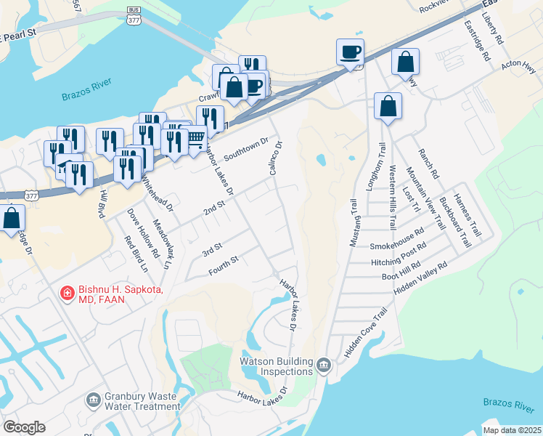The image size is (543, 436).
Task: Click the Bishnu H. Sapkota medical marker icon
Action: tap(67, 294)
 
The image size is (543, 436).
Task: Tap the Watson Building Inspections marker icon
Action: tap(324, 363)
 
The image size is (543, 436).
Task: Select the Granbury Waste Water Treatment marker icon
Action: tap(93, 400)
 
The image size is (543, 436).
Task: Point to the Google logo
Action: tap(24, 427)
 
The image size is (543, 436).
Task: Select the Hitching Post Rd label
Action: tap(396, 258)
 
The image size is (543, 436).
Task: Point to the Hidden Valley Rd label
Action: tap(420, 278)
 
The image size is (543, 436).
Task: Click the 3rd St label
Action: tap(211, 250)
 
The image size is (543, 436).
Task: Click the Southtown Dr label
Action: tap(246, 150)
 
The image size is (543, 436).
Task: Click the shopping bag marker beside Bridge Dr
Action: tap(12, 218)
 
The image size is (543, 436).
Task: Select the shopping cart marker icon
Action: tap(195, 137)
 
